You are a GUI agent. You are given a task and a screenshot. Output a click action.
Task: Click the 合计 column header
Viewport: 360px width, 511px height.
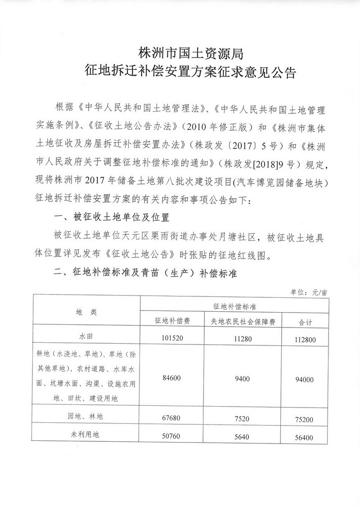pyautogui.click(x=306, y=322)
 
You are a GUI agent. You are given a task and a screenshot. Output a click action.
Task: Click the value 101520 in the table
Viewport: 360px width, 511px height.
pyautogui.click(x=171, y=337)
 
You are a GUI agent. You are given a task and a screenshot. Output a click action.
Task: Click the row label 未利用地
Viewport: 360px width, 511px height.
pyautogui.click(x=86, y=435)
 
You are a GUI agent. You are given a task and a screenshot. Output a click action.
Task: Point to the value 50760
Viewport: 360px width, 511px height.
pyautogui.click(x=171, y=436)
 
